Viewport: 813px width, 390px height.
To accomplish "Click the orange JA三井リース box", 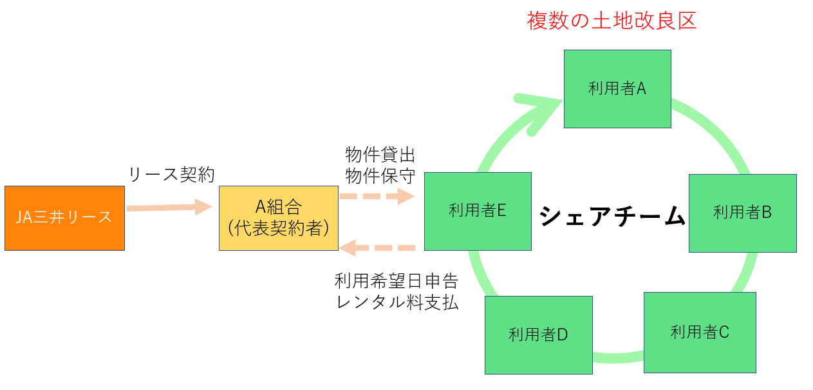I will (64, 218).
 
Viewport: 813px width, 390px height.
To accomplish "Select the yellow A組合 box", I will (278, 218).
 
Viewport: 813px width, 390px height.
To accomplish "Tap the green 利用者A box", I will (617, 89).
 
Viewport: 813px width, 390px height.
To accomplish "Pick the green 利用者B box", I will (742, 213).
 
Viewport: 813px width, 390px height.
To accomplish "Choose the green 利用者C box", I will (700, 332).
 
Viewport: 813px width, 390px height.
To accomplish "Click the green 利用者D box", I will (538, 335).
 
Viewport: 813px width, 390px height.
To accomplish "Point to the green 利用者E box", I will (478, 211).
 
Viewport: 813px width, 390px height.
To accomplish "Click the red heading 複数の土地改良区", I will (612, 21).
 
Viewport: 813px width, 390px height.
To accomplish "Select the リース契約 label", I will (171, 174).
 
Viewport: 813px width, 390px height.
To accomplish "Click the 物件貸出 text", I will (380, 155).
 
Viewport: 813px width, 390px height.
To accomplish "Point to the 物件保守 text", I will (380, 175).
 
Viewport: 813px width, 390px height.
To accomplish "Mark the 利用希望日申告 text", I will (397, 281).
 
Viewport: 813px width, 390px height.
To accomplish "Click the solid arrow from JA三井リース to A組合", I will (169, 208).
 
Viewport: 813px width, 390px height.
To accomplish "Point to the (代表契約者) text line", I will (278, 228).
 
